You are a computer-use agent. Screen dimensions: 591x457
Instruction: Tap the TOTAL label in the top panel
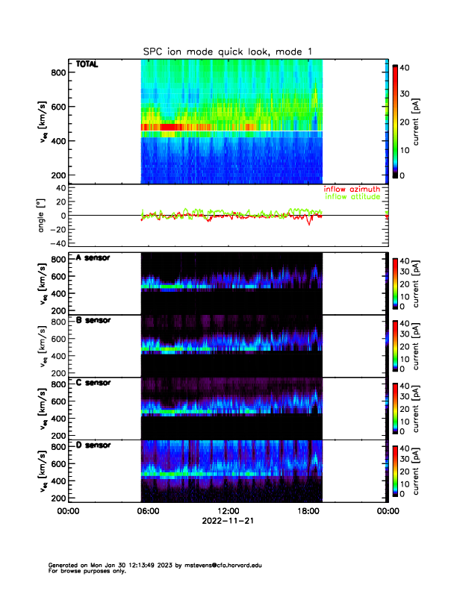(x=87, y=65)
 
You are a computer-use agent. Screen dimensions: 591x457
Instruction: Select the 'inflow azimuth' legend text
(x=352, y=189)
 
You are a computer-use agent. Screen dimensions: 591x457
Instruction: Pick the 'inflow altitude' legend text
(x=352, y=197)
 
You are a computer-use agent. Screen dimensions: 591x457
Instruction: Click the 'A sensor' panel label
(x=93, y=258)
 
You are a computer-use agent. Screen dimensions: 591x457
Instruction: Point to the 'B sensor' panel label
(x=93, y=320)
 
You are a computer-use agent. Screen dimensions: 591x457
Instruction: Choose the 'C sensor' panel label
(x=93, y=383)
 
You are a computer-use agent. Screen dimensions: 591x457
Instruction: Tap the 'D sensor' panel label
(x=93, y=445)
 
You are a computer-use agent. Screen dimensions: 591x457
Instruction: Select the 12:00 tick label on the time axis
(x=228, y=512)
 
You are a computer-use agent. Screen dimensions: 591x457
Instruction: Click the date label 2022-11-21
(x=228, y=522)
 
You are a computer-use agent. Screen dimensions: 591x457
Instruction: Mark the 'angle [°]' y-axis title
(x=43, y=216)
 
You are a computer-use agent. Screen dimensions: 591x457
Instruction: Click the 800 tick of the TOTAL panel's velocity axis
(x=57, y=72)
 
